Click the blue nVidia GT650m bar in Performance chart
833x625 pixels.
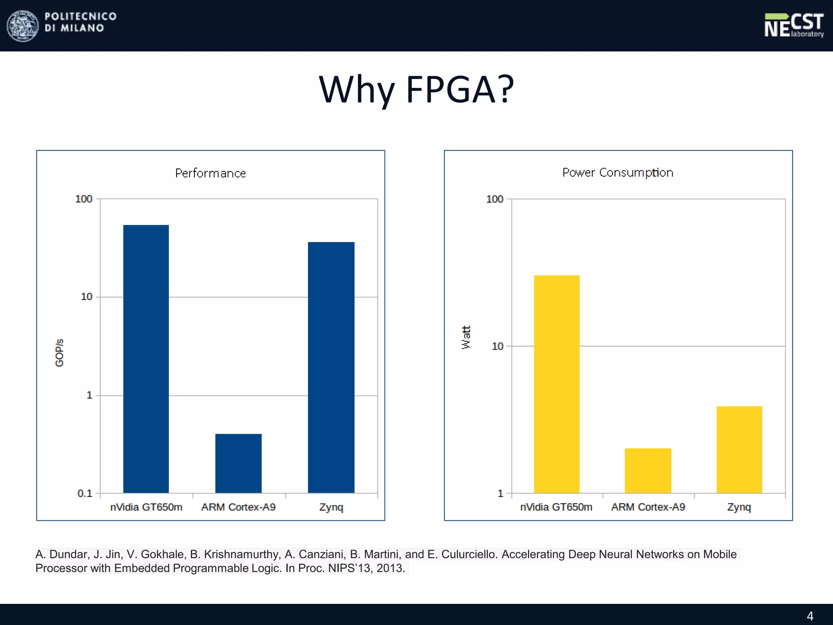(x=146, y=358)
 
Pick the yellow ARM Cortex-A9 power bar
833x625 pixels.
(x=648, y=470)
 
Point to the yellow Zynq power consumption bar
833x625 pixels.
(x=739, y=449)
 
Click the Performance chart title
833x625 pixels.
(x=210, y=173)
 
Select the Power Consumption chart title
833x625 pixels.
(x=617, y=173)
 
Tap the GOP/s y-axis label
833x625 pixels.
(x=59, y=352)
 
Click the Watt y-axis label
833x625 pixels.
(x=466, y=337)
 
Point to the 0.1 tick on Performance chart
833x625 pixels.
(x=85, y=493)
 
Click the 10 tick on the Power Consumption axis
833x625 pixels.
(x=497, y=346)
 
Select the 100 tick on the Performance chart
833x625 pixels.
(x=84, y=199)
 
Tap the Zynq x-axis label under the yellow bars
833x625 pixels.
(x=739, y=507)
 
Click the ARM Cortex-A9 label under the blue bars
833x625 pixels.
(x=238, y=507)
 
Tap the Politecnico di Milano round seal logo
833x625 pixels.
(x=23, y=26)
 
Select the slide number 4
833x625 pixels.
(x=810, y=616)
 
